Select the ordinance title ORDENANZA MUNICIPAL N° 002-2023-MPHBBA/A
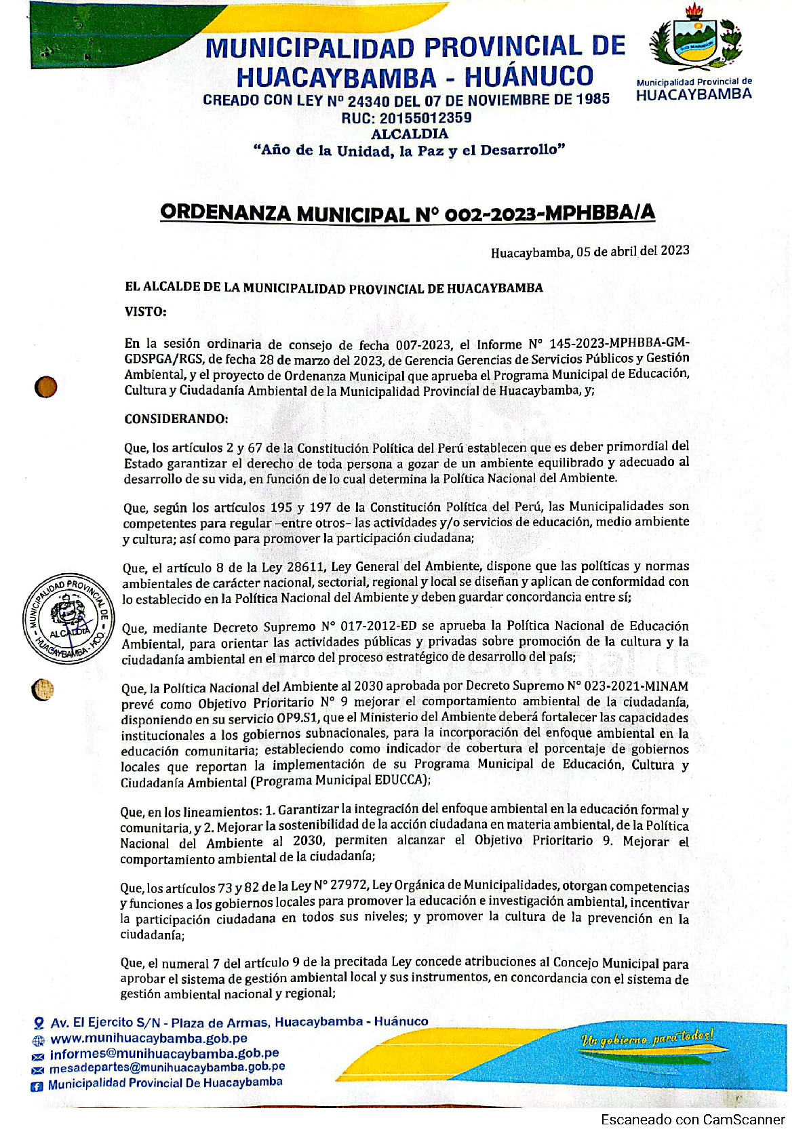click(x=408, y=213)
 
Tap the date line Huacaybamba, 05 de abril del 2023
click(x=589, y=252)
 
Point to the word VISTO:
click(x=145, y=312)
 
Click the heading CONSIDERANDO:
click(x=176, y=418)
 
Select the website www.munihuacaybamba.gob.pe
click(x=149, y=1038)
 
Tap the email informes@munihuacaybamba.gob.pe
click(x=164, y=1054)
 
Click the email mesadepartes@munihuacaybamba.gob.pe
click(x=167, y=1068)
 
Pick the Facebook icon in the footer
click(x=38, y=1085)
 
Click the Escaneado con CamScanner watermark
click(x=692, y=1120)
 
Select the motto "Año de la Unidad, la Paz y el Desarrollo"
click(x=409, y=150)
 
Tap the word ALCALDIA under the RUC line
click(x=409, y=134)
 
